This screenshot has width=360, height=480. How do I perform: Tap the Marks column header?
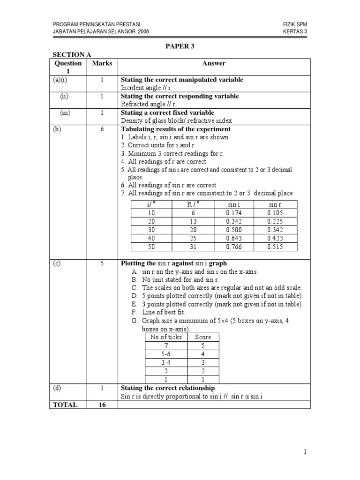pos(102,63)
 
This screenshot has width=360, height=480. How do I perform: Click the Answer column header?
pos(214,63)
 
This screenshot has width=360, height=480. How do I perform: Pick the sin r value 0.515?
pos(275,247)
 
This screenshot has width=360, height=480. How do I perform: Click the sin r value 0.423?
pos(275,238)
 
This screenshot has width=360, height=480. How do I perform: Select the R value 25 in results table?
pos(194,238)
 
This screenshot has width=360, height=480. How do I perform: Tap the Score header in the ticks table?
pos(203,337)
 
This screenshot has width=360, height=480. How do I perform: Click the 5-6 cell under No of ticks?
pos(161,354)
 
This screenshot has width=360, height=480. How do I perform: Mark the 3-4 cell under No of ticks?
pos(161,363)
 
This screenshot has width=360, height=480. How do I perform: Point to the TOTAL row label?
pos(66,405)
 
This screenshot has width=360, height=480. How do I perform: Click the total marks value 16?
pos(102,405)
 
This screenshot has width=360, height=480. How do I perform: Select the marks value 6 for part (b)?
pos(102,129)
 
